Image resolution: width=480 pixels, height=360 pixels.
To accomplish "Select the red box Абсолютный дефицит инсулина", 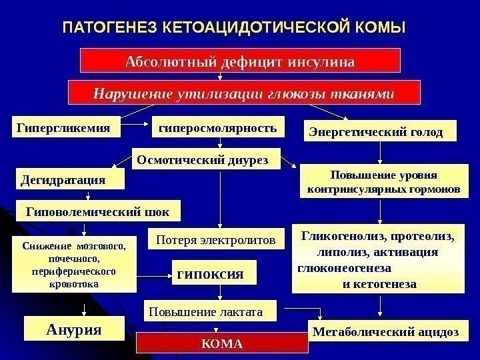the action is [x=241, y=62].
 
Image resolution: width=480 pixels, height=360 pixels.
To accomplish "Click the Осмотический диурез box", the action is [x=206, y=159].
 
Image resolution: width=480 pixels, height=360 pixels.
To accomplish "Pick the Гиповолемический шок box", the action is [x=97, y=211].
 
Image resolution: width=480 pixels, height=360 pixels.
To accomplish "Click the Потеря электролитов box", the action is [x=215, y=238].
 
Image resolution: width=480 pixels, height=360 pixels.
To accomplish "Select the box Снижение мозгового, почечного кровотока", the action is [x=73, y=265].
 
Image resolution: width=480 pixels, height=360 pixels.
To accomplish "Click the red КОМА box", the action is [x=223, y=344].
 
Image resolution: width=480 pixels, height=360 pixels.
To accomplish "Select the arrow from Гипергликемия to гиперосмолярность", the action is [x=138, y=124].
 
